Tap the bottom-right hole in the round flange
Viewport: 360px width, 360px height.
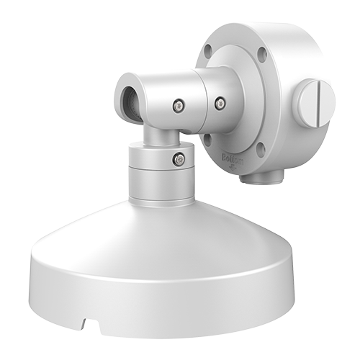click(260, 150)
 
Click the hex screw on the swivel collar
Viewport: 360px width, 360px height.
click(179, 159)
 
